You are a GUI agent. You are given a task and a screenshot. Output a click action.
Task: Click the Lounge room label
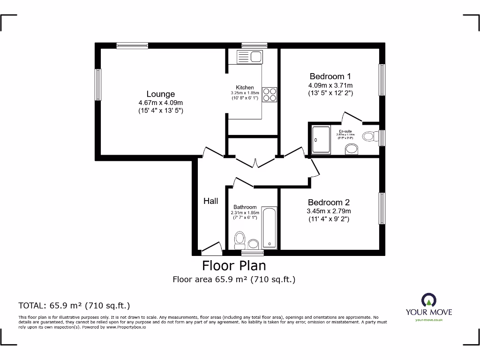(x=160, y=94)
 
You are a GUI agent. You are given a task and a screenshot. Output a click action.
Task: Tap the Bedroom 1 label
(x=330, y=76)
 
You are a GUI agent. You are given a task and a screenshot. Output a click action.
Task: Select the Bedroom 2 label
(x=329, y=202)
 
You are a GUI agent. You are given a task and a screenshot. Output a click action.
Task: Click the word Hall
(x=210, y=201)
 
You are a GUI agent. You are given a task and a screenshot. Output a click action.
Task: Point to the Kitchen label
(x=245, y=88)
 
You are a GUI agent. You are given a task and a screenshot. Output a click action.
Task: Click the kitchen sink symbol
(x=250, y=57)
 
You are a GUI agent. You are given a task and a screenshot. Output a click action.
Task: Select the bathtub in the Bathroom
(x=270, y=227)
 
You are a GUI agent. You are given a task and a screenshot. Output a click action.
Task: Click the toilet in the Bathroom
(x=240, y=239)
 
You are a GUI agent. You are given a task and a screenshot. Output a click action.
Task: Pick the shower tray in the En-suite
(x=321, y=140)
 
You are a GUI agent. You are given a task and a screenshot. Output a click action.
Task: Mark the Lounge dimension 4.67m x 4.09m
(x=160, y=103)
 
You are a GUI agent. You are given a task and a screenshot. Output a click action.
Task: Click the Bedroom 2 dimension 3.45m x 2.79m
(x=329, y=211)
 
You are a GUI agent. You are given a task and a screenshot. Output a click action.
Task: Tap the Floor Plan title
(x=234, y=266)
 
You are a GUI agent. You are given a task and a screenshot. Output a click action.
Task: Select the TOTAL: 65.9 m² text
(x=74, y=306)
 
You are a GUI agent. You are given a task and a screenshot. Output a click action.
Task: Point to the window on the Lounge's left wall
(x=98, y=84)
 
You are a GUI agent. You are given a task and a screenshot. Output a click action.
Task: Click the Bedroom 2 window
(x=382, y=208)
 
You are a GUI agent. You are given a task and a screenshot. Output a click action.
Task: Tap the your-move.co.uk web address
(x=429, y=320)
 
